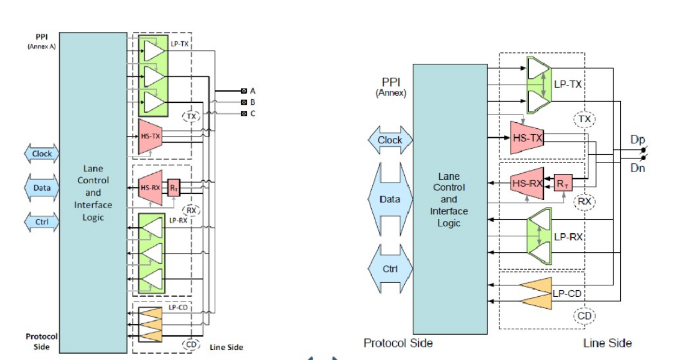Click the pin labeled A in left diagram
(x=244, y=91)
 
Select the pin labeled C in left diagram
(x=244, y=113)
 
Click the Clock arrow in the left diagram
(x=42, y=154)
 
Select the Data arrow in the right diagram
(x=390, y=199)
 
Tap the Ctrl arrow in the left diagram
(x=42, y=222)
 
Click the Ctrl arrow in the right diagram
(x=390, y=268)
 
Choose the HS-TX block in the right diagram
(x=526, y=138)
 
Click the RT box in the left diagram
(x=174, y=187)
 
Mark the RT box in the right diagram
(x=562, y=183)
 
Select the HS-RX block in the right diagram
(x=526, y=182)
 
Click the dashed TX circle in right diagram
(x=584, y=120)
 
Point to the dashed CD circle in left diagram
(x=191, y=344)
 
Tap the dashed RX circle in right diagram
(x=584, y=201)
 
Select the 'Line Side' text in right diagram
(x=607, y=343)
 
